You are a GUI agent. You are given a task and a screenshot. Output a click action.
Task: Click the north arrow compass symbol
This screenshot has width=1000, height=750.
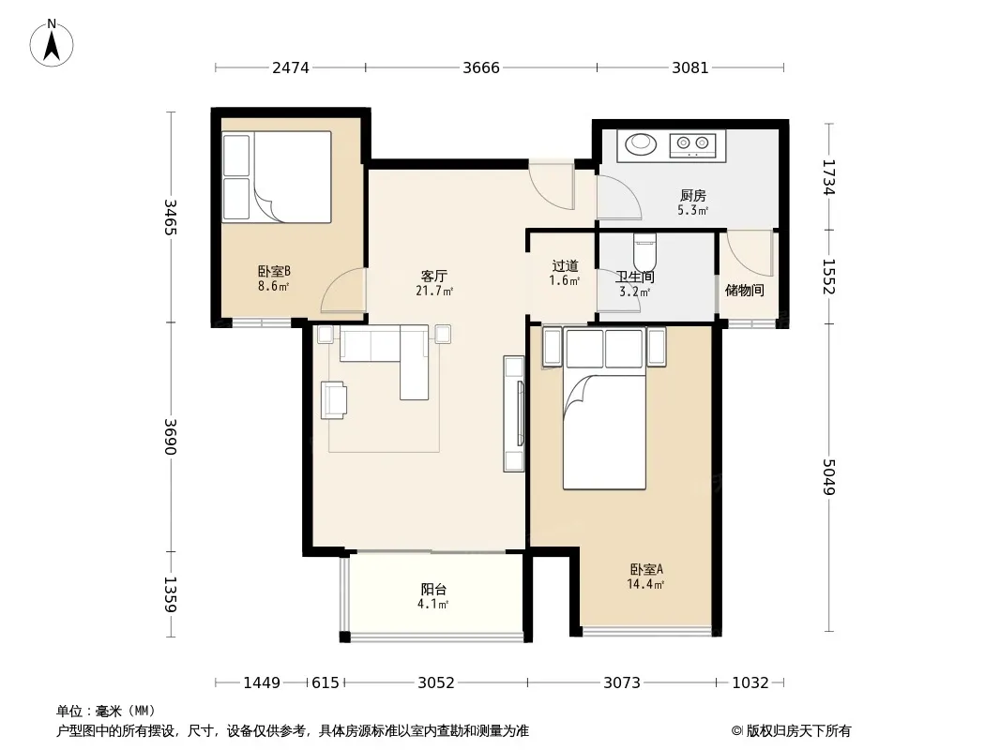click(x=52, y=43)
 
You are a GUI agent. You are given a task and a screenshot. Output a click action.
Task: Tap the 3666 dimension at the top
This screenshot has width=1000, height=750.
click(x=481, y=67)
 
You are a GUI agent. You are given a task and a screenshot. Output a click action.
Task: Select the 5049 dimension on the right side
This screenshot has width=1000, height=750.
click(x=828, y=476)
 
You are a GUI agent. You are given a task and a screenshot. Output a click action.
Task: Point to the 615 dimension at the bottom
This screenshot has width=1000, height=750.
click(x=326, y=682)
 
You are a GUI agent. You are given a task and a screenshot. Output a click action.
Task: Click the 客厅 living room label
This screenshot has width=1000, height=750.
click(x=433, y=276)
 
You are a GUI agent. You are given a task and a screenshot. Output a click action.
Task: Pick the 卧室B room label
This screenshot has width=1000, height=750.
click(x=274, y=272)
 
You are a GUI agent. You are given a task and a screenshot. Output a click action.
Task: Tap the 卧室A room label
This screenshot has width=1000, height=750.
click(x=646, y=569)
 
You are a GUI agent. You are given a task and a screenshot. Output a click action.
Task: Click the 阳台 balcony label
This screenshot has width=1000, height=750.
click(x=433, y=590)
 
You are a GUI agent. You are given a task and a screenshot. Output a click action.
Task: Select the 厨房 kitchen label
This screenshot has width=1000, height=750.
click(x=692, y=196)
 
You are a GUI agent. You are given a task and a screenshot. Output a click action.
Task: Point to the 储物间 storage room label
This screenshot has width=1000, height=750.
click(x=744, y=291)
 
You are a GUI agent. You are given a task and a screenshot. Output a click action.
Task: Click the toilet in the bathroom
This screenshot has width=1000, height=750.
click(x=644, y=252)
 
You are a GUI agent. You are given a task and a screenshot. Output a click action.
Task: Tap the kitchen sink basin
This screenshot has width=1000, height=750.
click(x=641, y=143)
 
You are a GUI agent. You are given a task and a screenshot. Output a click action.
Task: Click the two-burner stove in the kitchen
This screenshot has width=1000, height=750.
click(x=692, y=144)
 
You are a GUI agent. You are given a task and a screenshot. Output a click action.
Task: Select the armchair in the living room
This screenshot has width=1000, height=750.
click(x=334, y=399)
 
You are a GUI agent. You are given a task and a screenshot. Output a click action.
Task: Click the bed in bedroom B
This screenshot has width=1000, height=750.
click(x=276, y=177)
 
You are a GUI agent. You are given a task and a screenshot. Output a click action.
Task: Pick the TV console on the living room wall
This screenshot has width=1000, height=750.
click(x=514, y=413)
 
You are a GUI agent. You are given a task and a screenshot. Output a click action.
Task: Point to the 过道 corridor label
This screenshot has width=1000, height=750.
click(x=565, y=265)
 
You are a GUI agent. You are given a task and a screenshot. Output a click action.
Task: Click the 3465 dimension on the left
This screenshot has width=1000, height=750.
click(x=171, y=217)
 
